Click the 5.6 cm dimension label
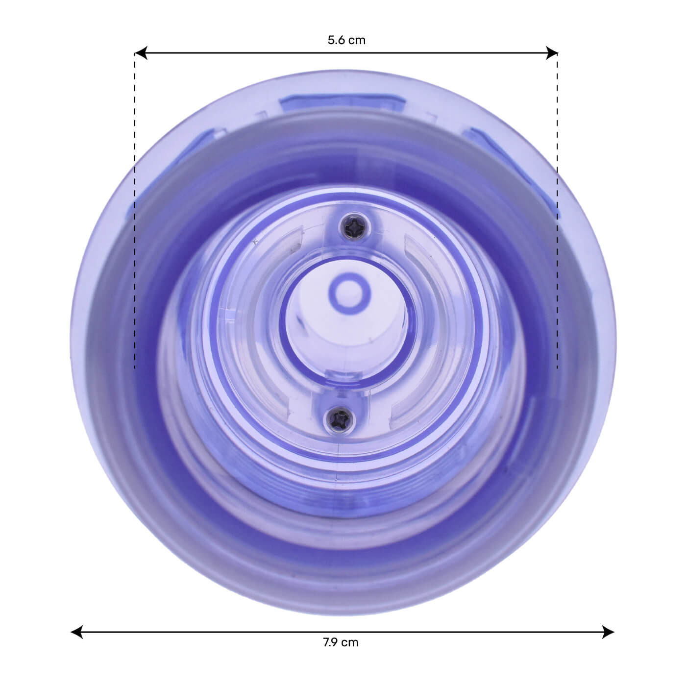(346, 40)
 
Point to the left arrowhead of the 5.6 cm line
(141, 53)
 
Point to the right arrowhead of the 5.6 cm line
(551, 53)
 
